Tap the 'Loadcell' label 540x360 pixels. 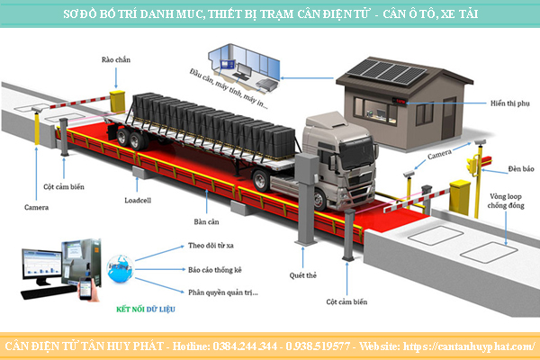point(139,190)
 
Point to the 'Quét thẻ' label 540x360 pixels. point(301,275)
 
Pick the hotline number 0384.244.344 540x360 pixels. point(244,346)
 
